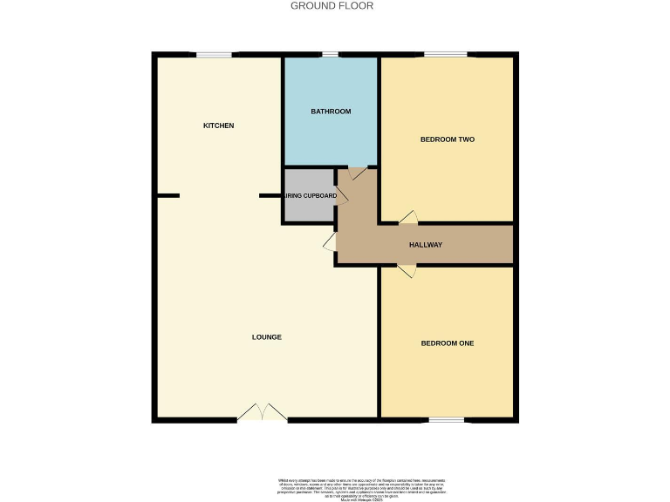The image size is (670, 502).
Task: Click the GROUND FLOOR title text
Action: click(332, 6)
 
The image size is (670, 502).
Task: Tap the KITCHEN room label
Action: click(218, 125)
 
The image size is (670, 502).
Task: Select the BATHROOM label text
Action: click(331, 112)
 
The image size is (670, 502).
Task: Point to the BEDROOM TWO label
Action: click(447, 139)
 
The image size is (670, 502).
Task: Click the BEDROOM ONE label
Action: click(447, 343)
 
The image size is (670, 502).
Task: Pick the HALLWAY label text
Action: click(426, 245)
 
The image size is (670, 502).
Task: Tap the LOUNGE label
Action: click(267, 337)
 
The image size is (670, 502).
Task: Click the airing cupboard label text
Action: click(310, 196)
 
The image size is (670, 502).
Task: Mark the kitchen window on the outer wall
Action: click(214, 55)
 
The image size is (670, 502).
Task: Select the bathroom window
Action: click(330, 55)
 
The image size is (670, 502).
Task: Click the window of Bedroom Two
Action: click(446, 55)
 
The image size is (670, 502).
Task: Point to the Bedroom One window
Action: click(446, 420)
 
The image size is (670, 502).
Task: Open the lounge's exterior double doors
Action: click(262, 413)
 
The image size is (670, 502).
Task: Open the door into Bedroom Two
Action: click(408, 218)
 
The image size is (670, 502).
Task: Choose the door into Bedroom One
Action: click(407, 271)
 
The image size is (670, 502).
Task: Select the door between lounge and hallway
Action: click(331, 241)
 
